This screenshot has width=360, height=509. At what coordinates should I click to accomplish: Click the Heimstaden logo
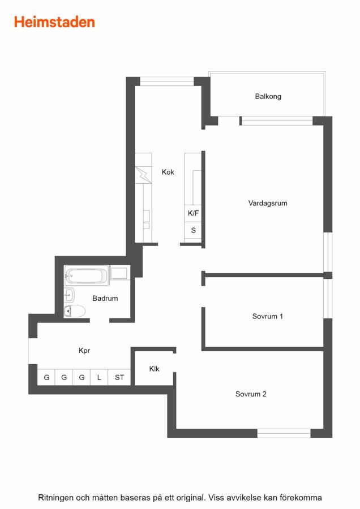tap(54, 22)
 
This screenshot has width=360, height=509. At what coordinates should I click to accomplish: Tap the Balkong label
tap(268, 96)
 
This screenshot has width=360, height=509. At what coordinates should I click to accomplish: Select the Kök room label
tap(168, 172)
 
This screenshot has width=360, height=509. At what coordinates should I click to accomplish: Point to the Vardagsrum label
tap(268, 203)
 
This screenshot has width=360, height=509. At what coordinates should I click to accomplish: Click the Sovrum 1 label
tap(267, 316)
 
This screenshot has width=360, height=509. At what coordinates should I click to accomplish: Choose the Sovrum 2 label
tap(251, 394)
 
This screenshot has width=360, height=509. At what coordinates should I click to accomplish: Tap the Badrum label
tap(105, 298)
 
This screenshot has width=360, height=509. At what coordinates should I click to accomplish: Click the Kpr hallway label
tap(84, 351)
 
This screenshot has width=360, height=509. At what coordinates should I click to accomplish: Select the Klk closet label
tap(155, 369)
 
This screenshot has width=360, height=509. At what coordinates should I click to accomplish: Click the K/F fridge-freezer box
tap(193, 213)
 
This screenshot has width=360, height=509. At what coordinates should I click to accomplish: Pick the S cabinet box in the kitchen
tap(193, 231)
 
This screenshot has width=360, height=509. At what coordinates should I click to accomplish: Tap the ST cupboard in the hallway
tap(119, 377)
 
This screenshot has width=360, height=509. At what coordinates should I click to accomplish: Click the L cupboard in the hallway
tap(99, 377)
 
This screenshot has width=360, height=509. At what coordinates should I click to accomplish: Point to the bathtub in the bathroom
tap(87, 276)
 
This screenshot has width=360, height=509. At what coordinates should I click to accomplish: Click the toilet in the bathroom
tap(75, 311)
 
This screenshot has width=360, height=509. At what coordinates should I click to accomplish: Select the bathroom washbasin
tap(69, 295)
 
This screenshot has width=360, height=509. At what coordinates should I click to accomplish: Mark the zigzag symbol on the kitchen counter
tap(143, 175)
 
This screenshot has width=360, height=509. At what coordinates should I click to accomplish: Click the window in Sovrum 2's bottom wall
tap(284, 433)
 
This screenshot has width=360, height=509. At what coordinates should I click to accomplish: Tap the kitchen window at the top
tap(167, 81)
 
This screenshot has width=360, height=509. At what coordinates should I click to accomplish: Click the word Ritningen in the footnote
tap(55, 498)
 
